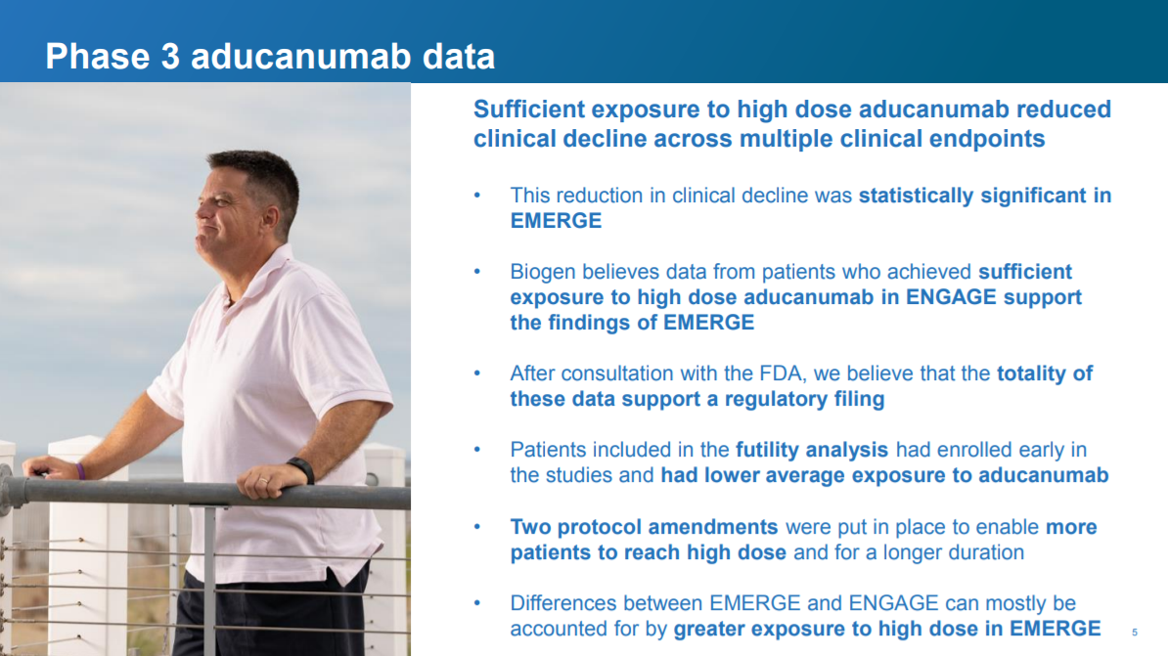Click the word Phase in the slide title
[x=98, y=57]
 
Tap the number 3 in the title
[x=170, y=57]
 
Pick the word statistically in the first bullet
[x=917, y=196]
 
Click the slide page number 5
[x=1135, y=633]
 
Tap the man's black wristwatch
[x=301, y=470]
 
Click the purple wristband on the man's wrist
[x=80, y=470]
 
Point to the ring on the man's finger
[x=263, y=482]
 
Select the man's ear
[x=270, y=217]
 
